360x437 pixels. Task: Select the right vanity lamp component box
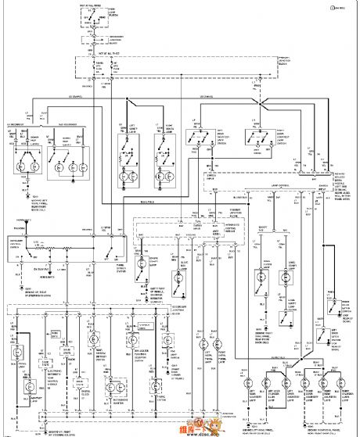(167, 152)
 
